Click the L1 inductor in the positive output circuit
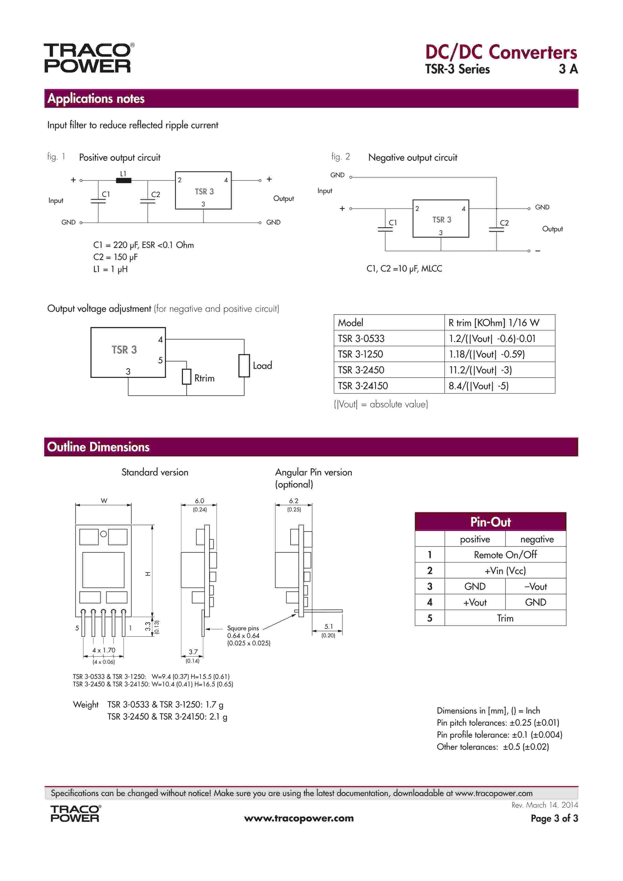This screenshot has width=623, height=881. coord(124,180)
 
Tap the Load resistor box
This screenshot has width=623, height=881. coord(244,366)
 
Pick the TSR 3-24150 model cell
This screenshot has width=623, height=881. coord(363,386)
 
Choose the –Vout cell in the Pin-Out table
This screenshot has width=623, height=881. coord(536,586)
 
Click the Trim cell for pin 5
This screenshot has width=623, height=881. coord(505,618)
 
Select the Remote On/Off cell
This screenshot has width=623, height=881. coord(505,555)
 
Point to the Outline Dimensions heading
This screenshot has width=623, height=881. coord(98,447)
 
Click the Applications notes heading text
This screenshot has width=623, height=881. coord(96,99)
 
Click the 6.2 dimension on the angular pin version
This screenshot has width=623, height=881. coord(294,501)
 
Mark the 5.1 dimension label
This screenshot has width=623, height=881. coord(329,626)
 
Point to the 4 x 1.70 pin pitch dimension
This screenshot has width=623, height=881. coord(104,650)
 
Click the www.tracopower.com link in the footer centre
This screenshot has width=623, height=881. coord(299,818)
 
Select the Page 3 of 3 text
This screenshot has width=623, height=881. coord(554,818)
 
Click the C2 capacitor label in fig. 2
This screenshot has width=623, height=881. coord(504,223)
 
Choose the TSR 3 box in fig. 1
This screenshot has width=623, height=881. coord(203,191)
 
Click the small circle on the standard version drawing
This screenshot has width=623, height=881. coord(104,534)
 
